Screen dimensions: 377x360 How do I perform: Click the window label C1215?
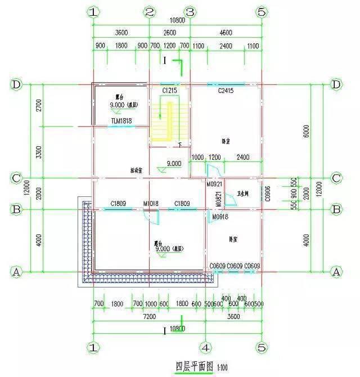click(x=170, y=90)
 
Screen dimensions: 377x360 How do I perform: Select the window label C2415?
click(x=225, y=90)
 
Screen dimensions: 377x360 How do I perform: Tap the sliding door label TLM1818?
click(x=120, y=121)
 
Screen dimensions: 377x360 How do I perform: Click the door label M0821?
click(x=219, y=198)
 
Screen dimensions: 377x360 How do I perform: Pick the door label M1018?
click(x=150, y=203)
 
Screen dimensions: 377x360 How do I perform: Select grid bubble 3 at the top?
click(x=190, y=12)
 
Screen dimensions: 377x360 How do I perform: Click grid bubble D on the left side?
click(x=16, y=84)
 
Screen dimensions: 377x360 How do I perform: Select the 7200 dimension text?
click(x=148, y=317)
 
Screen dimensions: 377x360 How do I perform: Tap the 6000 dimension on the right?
click(x=306, y=131)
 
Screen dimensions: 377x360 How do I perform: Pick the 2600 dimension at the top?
click(x=169, y=33)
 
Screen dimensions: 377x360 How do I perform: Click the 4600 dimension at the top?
click(x=226, y=33)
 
